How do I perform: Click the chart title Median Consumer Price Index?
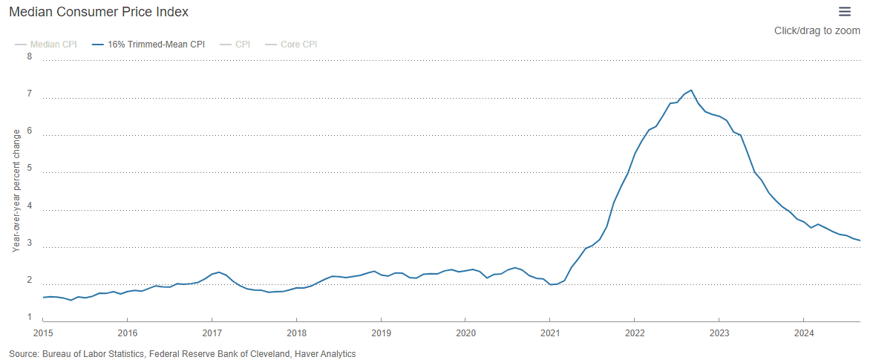click(98, 12)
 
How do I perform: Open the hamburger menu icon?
click(845, 11)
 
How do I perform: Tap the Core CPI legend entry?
click(298, 45)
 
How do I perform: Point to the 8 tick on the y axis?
click(30, 56)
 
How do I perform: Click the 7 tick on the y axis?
click(30, 94)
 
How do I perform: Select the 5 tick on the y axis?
click(30, 168)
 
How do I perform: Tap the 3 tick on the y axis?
click(30, 243)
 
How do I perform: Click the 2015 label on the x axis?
click(43, 333)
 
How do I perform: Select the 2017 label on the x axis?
click(212, 333)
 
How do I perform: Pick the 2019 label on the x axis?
click(381, 333)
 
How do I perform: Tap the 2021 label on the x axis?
click(549, 333)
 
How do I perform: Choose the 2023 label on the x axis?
click(719, 333)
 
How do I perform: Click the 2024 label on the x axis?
click(803, 333)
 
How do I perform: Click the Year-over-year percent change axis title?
click(16, 190)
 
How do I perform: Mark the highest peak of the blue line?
click(691, 90)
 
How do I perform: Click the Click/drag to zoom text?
click(817, 30)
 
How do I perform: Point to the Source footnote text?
click(182, 354)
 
